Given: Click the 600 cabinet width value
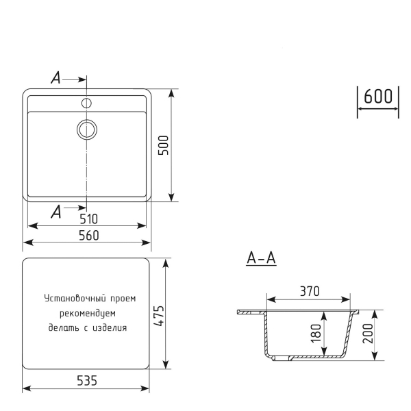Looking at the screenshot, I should tap(377, 97).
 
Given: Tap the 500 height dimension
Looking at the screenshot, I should tap(163, 145).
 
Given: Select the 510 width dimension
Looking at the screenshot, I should tap(88, 219).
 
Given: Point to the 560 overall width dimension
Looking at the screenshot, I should tap(88, 235).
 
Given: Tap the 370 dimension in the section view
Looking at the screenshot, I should tap(310, 291).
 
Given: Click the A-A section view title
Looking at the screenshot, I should tap(260, 258).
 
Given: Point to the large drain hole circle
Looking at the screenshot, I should tap(87, 128).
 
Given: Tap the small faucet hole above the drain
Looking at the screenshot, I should tap(87, 103).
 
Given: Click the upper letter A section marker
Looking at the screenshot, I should tap(56, 79).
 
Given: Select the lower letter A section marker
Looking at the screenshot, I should tap(56, 212).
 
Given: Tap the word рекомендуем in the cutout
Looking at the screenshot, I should tap(87, 313).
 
